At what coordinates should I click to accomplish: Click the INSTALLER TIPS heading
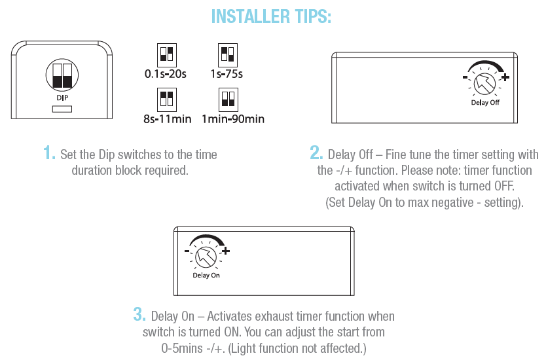point(271,16)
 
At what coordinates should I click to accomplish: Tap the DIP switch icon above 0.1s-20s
point(167,55)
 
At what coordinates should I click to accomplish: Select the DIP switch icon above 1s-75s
point(228,55)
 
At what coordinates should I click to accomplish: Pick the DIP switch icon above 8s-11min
point(167,99)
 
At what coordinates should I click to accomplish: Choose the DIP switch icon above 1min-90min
point(228,99)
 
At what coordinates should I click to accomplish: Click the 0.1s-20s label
point(166,74)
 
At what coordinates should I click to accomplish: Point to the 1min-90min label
point(233,119)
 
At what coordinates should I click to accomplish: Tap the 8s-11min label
point(168,119)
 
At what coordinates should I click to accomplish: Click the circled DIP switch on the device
point(62,75)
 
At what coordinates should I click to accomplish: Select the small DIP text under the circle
point(62,98)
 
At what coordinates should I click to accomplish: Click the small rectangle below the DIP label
point(62,109)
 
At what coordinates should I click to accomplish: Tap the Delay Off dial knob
point(484,84)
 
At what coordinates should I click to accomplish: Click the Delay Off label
point(485,102)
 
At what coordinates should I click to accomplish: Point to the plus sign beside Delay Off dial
point(505,77)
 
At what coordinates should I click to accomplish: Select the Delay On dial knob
point(206,257)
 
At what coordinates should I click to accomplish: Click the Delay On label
point(206,276)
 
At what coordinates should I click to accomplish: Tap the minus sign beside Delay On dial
point(187,251)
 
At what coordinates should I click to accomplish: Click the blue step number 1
point(49,153)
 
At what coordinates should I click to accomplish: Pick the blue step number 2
point(316,153)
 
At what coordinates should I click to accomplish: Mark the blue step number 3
point(139,314)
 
